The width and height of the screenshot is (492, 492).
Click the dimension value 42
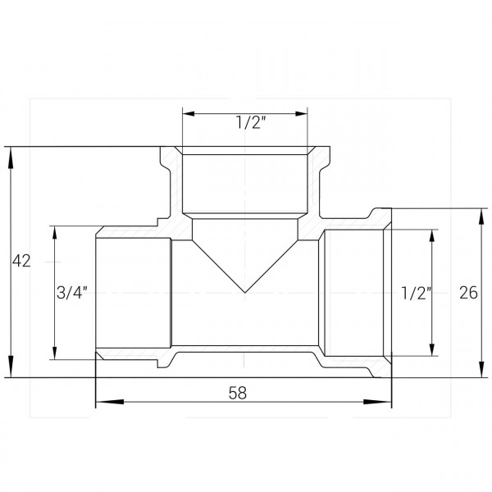point(21,262)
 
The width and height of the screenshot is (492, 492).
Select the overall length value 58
point(239,393)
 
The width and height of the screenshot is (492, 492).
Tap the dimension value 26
point(469,293)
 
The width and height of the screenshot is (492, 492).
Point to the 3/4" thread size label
point(71,292)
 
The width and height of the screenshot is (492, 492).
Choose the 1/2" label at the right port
point(417,293)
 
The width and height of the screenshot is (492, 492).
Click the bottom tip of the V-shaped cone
point(246,292)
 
